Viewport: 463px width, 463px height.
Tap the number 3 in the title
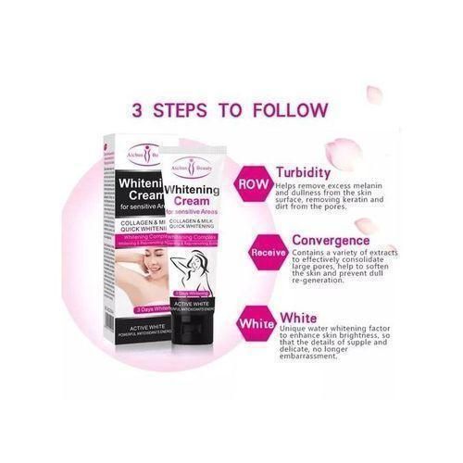[139, 110]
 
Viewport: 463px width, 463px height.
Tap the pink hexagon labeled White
[257, 323]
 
